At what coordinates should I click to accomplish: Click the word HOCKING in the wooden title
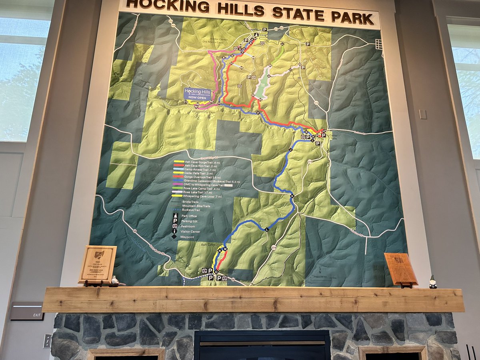[159, 5]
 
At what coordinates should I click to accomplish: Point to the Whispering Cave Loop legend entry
[202, 196]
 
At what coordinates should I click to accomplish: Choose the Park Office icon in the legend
[175, 216]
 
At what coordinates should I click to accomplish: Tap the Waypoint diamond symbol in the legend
[175, 237]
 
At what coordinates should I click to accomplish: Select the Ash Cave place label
[197, 244]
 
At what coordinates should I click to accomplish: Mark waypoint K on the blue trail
[292, 196]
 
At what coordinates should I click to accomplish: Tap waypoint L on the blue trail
[267, 229]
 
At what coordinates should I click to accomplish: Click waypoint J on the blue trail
[290, 150]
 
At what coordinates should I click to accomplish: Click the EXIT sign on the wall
[27, 311]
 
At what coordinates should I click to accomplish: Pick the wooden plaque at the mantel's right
[401, 269]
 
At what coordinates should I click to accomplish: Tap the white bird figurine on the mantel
[115, 281]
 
